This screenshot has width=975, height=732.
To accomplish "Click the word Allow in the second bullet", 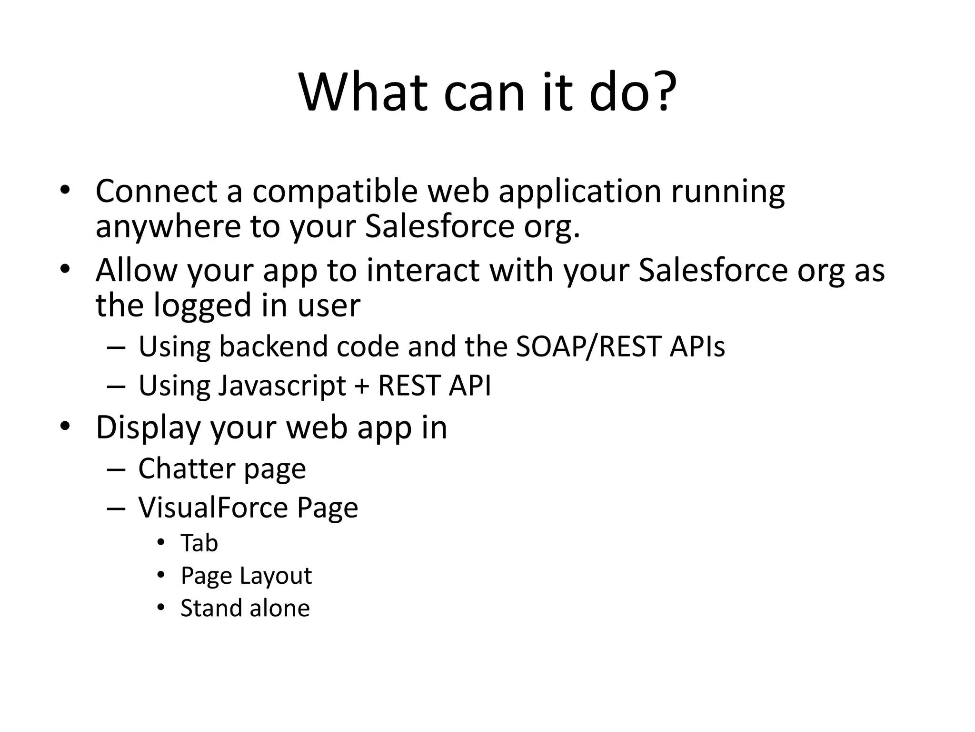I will (136, 270).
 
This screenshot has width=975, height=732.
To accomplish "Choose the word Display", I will (148, 428).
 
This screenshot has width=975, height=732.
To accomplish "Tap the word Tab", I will (199, 543).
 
